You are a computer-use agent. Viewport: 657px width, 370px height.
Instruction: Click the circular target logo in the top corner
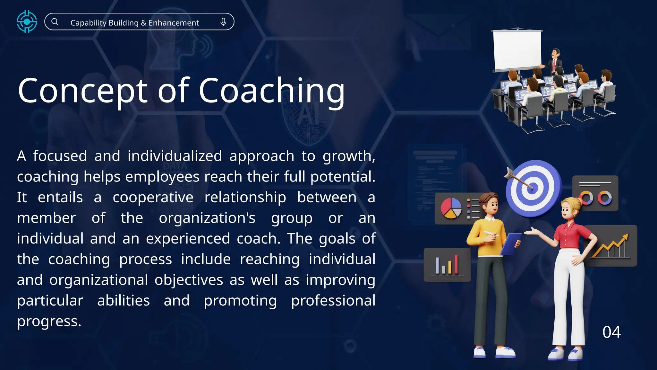27,22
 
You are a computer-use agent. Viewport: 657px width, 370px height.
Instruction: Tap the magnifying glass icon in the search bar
55,22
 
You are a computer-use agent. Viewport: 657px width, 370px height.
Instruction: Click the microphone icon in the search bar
223,22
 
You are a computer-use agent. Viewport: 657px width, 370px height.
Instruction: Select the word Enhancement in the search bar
174,23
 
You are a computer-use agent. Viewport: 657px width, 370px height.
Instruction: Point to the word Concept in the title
82,92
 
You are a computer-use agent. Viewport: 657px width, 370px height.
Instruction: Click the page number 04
611,332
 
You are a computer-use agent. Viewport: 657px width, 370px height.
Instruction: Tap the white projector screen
517,50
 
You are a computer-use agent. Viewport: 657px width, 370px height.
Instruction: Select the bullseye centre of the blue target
532,187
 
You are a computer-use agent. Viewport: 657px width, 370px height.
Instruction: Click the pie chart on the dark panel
451,208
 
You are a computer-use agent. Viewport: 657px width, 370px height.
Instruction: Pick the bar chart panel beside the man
447,265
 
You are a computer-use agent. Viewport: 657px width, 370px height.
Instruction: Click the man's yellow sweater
484,236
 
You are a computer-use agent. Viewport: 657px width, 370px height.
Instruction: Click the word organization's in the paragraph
207,218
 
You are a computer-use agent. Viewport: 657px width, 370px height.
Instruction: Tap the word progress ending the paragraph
49,321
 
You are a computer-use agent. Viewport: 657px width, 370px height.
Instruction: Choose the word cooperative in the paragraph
153,197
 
